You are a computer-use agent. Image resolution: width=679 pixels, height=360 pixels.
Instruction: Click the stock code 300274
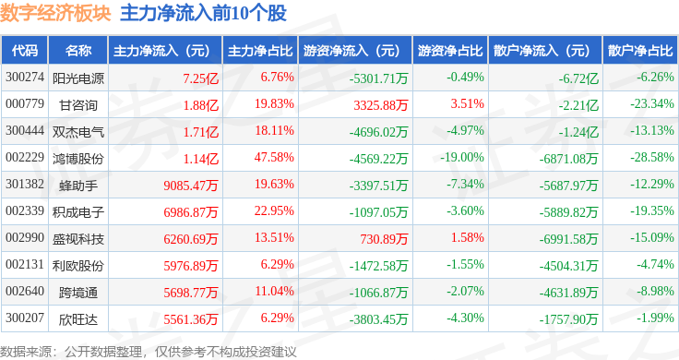click(25, 78)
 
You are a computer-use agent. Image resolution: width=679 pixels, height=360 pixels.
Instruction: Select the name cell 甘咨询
click(78, 105)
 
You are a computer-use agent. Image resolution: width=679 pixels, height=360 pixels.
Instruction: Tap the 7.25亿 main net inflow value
click(200, 78)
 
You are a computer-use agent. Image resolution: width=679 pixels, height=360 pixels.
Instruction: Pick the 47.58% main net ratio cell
click(274, 157)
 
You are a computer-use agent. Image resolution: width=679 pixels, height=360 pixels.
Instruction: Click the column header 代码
click(25, 51)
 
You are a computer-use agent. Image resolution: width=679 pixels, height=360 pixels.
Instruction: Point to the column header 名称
click(78, 51)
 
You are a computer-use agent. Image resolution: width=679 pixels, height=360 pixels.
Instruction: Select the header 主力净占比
click(260, 51)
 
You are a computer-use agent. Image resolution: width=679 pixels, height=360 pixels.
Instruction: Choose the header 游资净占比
click(450, 51)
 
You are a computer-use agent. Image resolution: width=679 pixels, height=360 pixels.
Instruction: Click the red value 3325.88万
click(381, 105)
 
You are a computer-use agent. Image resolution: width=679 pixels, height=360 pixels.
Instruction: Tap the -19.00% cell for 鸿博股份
click(462, 157)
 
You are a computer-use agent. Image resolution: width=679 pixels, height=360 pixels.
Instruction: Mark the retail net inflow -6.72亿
click(578, 78)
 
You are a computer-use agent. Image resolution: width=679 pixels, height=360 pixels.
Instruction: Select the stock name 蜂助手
click(78, 186)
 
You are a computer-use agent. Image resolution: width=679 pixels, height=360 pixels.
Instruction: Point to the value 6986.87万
click(191, 212)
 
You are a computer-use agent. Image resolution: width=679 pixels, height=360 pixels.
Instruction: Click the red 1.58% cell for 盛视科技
click(467, 237)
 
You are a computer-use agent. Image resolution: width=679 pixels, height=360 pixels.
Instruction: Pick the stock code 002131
click(25, 264)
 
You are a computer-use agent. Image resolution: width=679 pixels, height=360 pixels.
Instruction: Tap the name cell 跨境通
click(78, 293)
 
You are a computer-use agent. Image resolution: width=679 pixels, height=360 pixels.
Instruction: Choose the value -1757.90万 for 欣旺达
click(568, 319)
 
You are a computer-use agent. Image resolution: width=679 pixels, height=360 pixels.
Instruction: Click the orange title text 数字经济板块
click(56, 13)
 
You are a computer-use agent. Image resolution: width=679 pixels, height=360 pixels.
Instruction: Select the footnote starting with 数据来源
click(149, 352)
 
